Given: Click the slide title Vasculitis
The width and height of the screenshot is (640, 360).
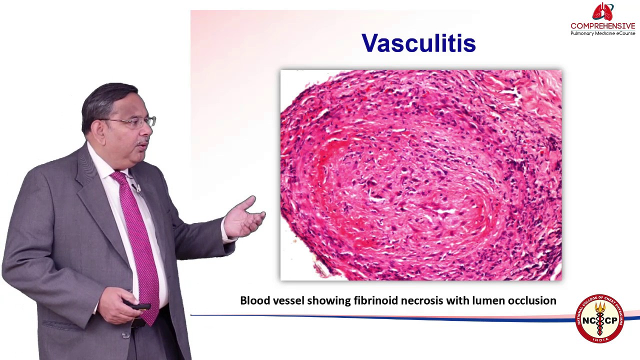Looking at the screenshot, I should click(418, 43).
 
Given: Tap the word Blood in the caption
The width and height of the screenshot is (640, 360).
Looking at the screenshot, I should click(254, 300).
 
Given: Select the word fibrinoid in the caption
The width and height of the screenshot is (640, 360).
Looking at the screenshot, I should click(375, 300).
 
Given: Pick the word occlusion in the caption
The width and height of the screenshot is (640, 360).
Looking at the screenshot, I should click(532, 300).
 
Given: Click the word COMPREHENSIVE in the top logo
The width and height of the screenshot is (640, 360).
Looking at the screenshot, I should click(602, 26).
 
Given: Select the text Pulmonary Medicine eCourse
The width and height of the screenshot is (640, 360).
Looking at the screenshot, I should click(602, 33).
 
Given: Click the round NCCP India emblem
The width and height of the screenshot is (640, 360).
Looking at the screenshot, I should click(599, 318).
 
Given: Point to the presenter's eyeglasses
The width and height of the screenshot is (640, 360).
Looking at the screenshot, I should click(135, 121).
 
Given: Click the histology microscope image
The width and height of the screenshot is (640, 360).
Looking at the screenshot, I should click(420, 175).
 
